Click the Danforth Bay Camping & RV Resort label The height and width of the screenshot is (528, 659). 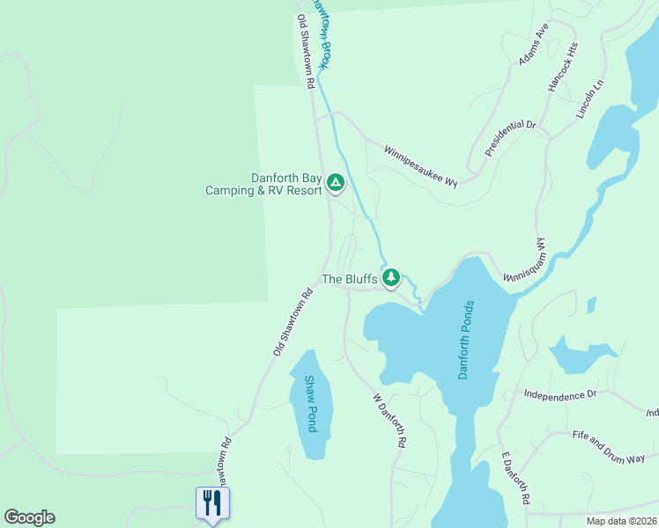click(263, 183)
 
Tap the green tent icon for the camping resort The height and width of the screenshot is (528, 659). click(335, 183)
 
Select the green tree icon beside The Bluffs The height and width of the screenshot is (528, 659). click(391, 279)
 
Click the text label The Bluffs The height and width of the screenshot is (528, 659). click(350, 279)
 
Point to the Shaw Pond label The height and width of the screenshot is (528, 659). click(310, 404)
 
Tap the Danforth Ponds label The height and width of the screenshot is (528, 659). click(467, 340)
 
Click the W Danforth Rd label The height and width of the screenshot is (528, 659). click(389, 422)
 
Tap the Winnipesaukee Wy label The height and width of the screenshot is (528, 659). click(421, 165)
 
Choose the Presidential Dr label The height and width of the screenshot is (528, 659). click(510, 138)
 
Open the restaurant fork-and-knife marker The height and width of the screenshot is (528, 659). click(211, 503)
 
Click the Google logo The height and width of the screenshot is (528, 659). click(29, 517)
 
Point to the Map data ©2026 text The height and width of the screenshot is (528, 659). click(621, 521)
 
